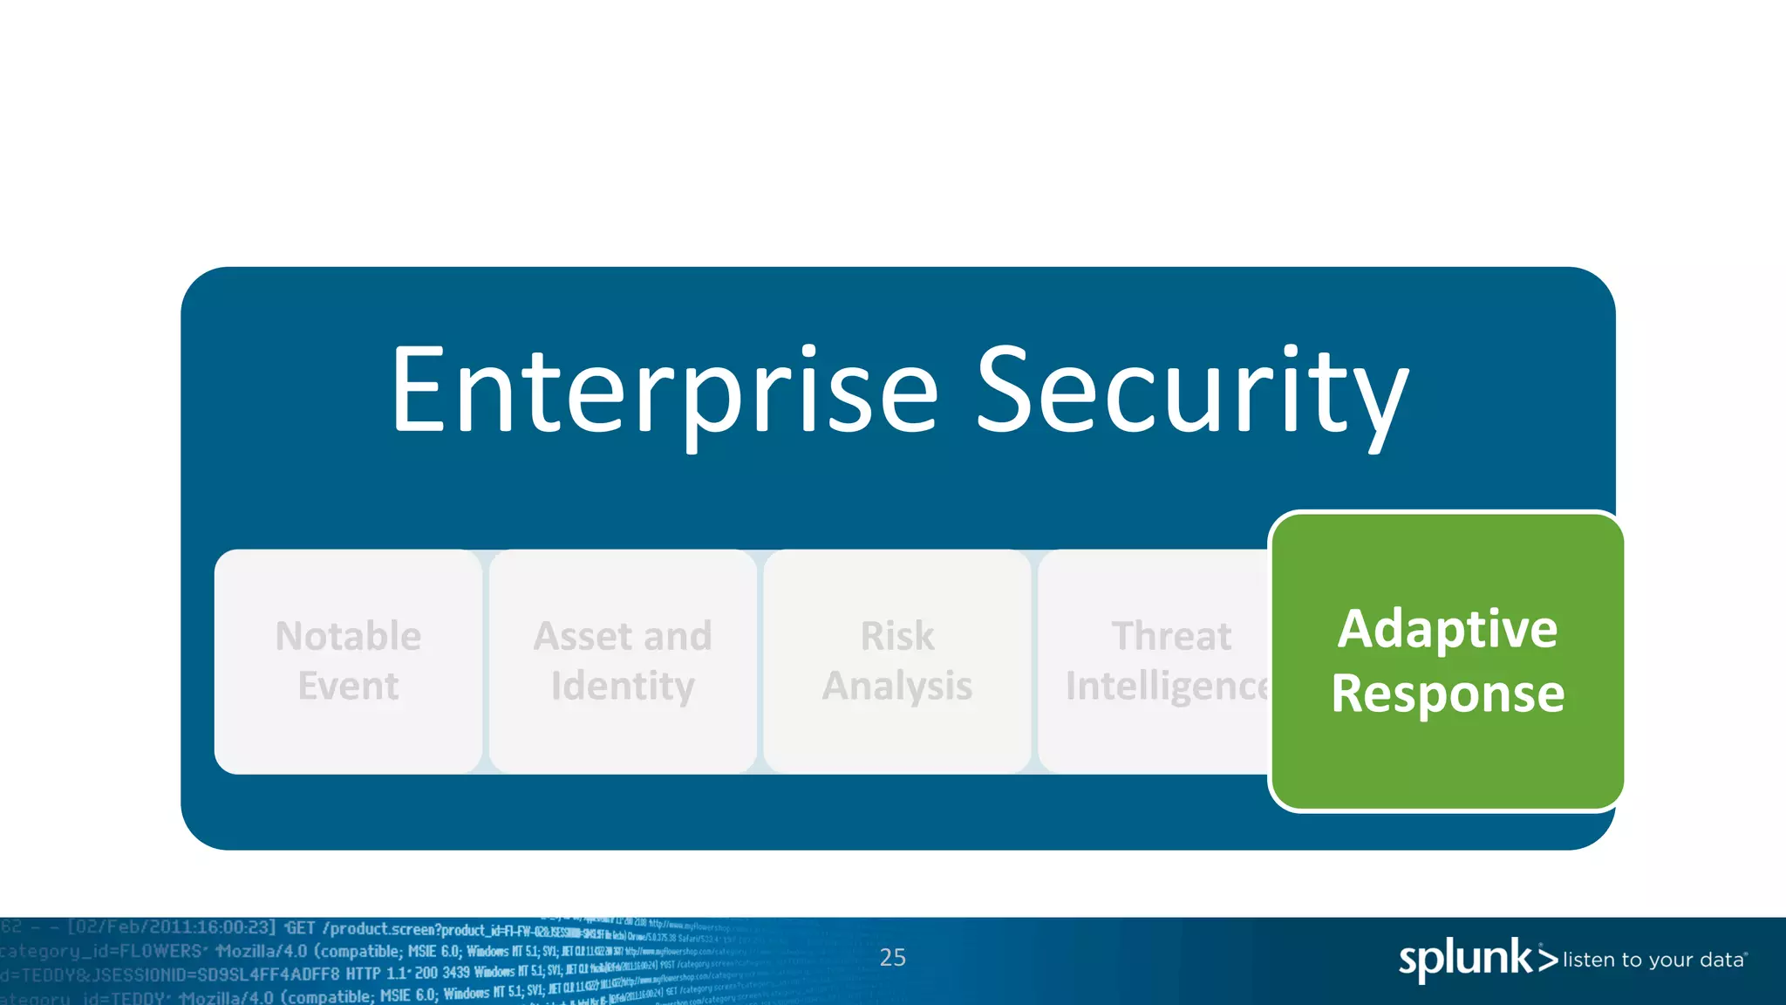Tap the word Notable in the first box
pyautogui.click(x=348, y=636)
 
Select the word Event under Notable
pyautogui.click(x=348, y=686)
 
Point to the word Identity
pyautogui.click(x=623, y=686)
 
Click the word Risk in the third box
pyautogui.click(x=897, y=636)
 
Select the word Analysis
pyautogui.click(x=897, y=686)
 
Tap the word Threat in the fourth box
pyautogui.click(x=1171, y=636)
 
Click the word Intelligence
pyautogui.click(x=1167, y=686)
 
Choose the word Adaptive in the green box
pyautogui.click(x=1448, y=629)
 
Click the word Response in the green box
pyautogui.click(x=1448, y=694)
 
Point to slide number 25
pyautogui.click(x=892, y=958)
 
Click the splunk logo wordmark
pyautogui.click(x=1465, y=960)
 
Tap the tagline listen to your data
pyautogui.click(x=1653, y=961)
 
